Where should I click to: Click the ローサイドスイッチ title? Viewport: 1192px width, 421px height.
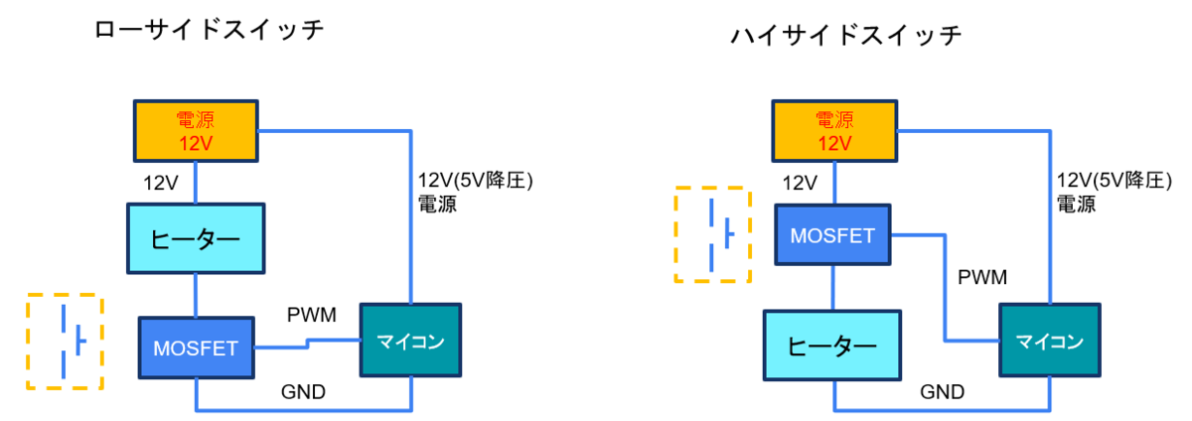[209, 29]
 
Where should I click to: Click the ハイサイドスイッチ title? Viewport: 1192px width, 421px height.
[846, 36]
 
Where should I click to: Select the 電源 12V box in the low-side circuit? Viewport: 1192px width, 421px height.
[196, 131]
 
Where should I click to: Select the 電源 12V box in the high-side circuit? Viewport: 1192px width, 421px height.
[834, 131]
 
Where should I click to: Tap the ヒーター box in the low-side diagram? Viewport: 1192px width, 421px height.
[196, 238]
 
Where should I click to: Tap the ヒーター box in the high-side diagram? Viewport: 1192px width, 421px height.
[832, 346]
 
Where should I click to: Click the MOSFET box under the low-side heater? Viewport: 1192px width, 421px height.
[197, 349]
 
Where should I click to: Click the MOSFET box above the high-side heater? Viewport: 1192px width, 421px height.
[832, 234]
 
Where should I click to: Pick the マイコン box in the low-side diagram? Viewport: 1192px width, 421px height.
[411, 341]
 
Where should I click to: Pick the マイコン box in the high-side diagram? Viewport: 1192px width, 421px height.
[1050, 341]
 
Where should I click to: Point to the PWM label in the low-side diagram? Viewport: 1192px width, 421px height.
[311, 315]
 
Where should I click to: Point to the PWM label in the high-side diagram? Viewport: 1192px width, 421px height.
[982, 277]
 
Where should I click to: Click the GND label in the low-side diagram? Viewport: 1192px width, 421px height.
[303, 392]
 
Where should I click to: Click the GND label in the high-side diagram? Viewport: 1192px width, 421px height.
[942, 392]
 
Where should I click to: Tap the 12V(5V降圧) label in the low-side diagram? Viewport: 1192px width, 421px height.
[475, 181]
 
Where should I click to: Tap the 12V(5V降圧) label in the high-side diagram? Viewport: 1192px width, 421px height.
[1115, 181]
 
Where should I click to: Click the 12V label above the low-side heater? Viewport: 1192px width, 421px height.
[161, 183]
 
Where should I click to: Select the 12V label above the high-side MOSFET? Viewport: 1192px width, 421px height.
[800, 183]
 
